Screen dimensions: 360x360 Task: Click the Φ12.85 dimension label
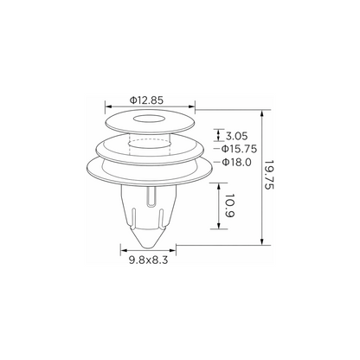point(146,100)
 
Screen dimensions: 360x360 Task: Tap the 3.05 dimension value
point(236,136)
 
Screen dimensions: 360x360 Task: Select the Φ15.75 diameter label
point(239,149)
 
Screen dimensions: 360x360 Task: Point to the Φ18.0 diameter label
point(236,163)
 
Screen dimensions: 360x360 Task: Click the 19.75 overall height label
point(269,175)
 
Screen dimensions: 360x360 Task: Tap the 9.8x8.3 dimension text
point(148,260)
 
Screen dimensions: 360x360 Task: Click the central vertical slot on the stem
point(151,196)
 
